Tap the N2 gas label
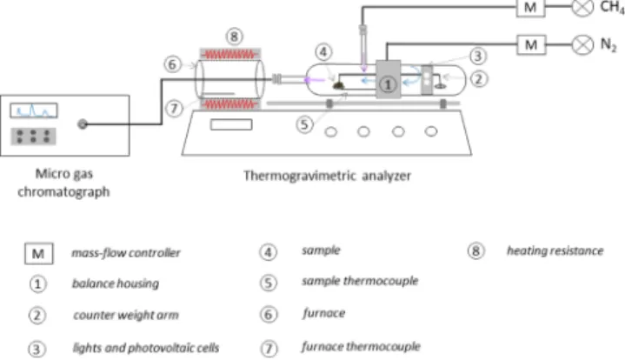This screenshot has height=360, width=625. [608, 44]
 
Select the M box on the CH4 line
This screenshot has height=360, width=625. [530, 8]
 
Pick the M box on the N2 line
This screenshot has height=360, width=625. [531, 44]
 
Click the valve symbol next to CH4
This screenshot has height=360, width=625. [582, 7]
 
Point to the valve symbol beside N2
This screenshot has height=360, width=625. [582, 44]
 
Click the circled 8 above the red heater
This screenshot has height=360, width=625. [234, 37]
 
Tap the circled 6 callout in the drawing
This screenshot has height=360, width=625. [172, 64]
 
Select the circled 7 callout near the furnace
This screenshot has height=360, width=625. [174, 109]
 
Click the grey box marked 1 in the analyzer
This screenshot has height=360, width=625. [388, 79]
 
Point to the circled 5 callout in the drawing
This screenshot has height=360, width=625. [304, 125]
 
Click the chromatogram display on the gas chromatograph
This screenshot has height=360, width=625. [34, 110]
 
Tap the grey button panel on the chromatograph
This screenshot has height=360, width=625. [33, 136]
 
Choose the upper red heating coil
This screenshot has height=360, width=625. [230, 54]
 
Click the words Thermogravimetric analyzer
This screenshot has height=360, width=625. [327, 176]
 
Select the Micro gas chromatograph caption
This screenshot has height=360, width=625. [63, 183]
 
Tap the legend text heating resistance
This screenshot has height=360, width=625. [555, 250]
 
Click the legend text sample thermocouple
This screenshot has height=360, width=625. [360, 281]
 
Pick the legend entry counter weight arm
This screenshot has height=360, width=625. [126, 315]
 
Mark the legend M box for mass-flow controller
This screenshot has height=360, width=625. [38, 254]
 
